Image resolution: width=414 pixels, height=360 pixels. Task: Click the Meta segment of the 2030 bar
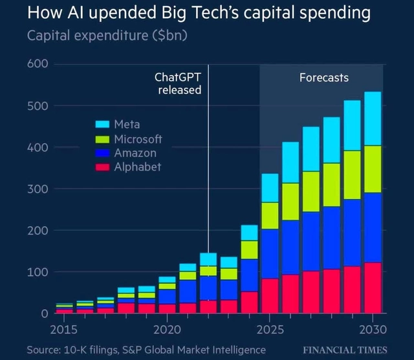[x=372, y=118]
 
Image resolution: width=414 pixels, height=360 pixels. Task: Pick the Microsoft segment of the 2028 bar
[x=332, y=184]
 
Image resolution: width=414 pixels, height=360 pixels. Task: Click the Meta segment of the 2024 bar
[x=249, y=233]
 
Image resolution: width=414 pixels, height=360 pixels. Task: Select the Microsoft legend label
[x=138, y=139]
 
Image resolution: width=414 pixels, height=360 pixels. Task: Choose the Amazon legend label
[x=135, y=153]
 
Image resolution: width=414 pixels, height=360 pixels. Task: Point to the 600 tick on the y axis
[x=38, y=64]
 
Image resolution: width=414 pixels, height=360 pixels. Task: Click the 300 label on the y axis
[x=38, y=189]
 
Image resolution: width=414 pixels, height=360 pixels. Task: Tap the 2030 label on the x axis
[x=373, y=330]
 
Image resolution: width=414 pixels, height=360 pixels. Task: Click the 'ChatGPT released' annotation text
[x=178, y=84]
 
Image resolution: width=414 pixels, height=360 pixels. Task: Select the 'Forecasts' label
[x=323, y=78]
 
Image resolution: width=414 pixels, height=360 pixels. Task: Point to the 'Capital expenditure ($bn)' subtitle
[x=107, y=36]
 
